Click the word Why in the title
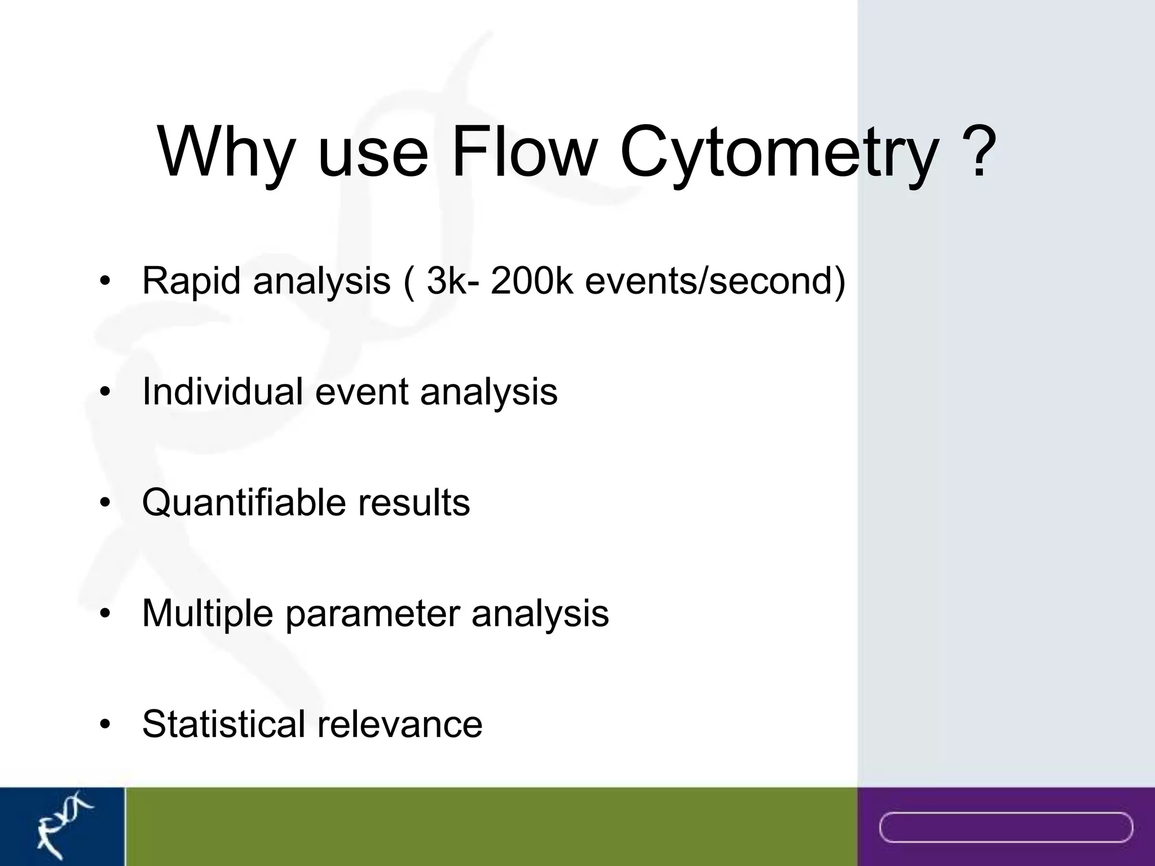[226, 153]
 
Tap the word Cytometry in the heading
[779, 153]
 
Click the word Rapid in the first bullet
[191, 280]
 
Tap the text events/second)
[715, 280]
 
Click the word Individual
[222, 391]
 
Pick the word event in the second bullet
[362, 391]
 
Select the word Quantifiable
[243, 502]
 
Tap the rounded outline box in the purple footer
[1006, 827]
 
